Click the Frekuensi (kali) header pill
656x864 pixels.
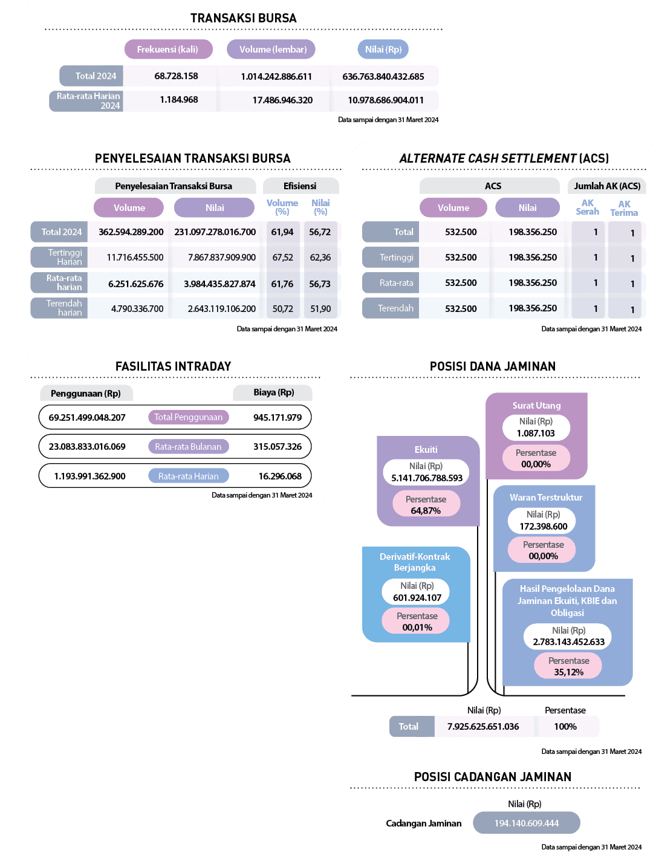pyautogui.click(x=167, y=50)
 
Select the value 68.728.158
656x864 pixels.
pyautogui.click(x=176, y=76)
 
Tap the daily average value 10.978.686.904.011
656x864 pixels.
pyautogui.click(x=385, y=100)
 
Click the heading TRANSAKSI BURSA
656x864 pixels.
pyautogui.click(x=243, y=18)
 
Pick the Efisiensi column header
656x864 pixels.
pyautogui.click(x=300, y=186)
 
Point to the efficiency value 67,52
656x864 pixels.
pyautogui.click(x=282, y=258)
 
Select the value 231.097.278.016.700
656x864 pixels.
pyautogui.click(x=215, y=232)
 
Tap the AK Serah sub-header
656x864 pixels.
pyautogui.click(x=587, y=207)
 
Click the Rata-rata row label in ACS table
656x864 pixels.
pyautogui.click(x=396, y=283)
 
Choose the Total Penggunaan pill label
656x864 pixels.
pyautogui.click(x=188, y=417)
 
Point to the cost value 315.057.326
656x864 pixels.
pyautogui.click(x=278, y=447)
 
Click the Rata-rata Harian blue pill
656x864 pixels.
pyautogui.click(x=188, y=476)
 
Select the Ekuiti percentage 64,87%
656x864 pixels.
pyautogui.click(x=426, y=511)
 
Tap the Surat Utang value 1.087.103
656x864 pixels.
pyautogui.click(x=536, y=434)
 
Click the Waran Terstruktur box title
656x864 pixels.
pyautogui.click(x=546, y=498)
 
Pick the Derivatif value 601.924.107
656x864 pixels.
pyautogui.click(x=417, y=598)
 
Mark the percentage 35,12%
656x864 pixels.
pyautogui.click(x=568, y=672)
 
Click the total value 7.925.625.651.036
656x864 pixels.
pyautogui.click(x=483, y=727)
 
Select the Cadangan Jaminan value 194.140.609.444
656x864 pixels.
pyautogui.click(x=527, y=823)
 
